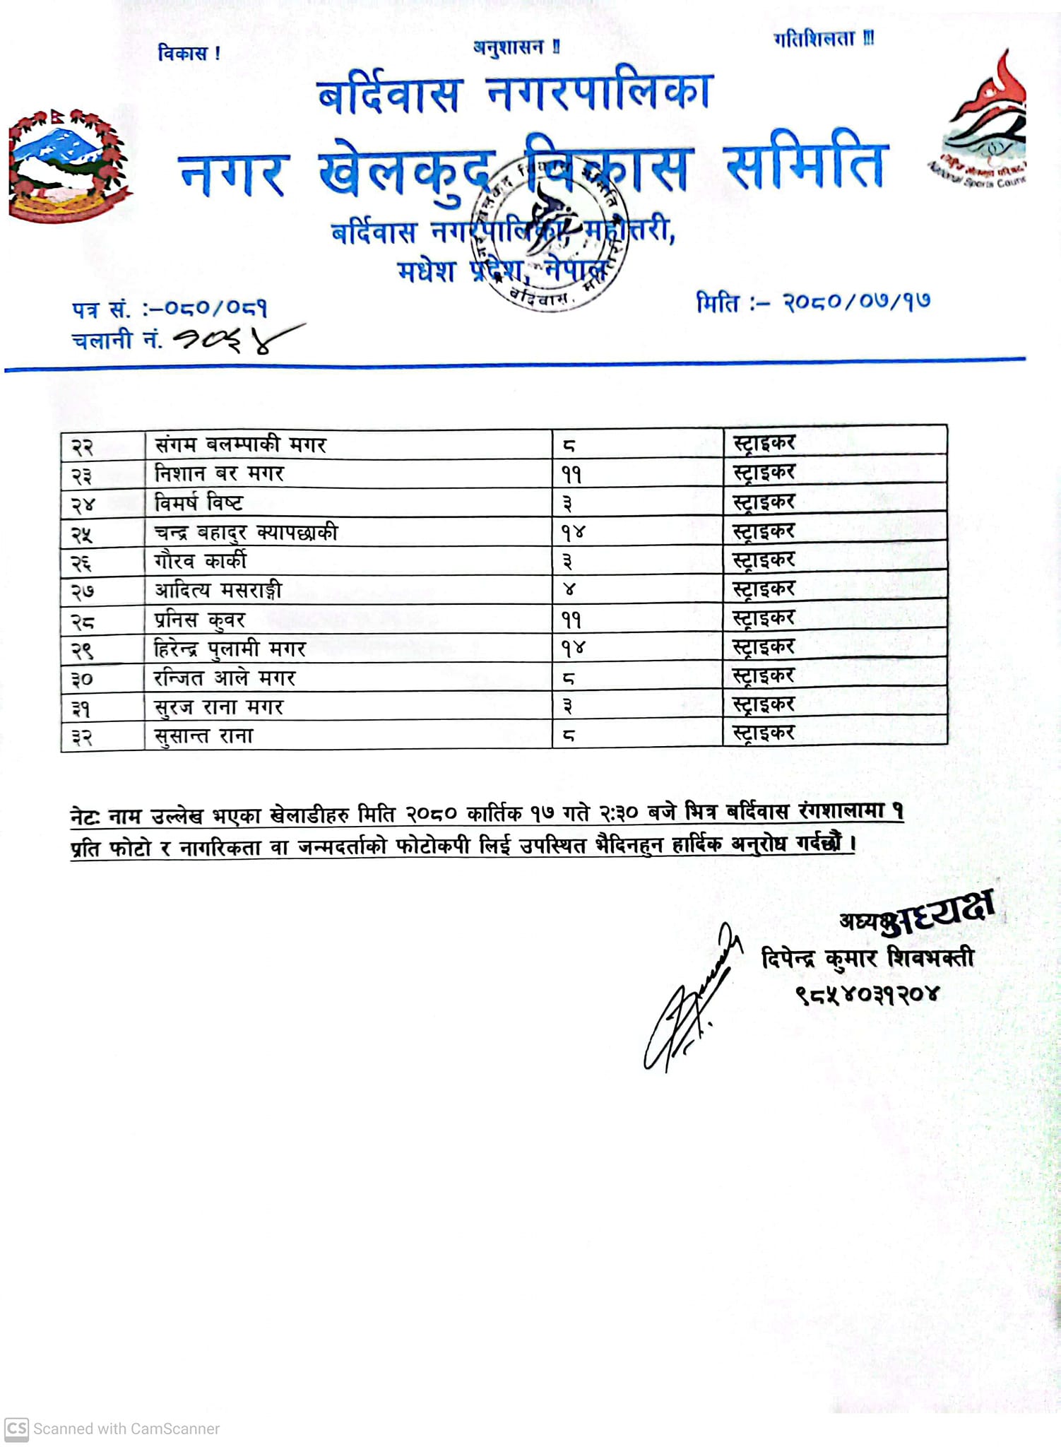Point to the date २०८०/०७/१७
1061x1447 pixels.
[856, 302]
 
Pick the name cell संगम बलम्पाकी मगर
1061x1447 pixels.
[240, 445]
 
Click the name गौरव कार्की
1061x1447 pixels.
[201, 561]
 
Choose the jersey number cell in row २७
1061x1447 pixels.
[569, 589]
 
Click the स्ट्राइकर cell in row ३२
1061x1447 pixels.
[764, 733]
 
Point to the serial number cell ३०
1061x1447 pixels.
[82, 679]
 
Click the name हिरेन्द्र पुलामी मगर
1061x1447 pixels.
[230, 649]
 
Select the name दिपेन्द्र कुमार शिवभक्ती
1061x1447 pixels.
[867, 959]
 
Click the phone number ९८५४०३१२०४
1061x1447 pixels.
[867, 994]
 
